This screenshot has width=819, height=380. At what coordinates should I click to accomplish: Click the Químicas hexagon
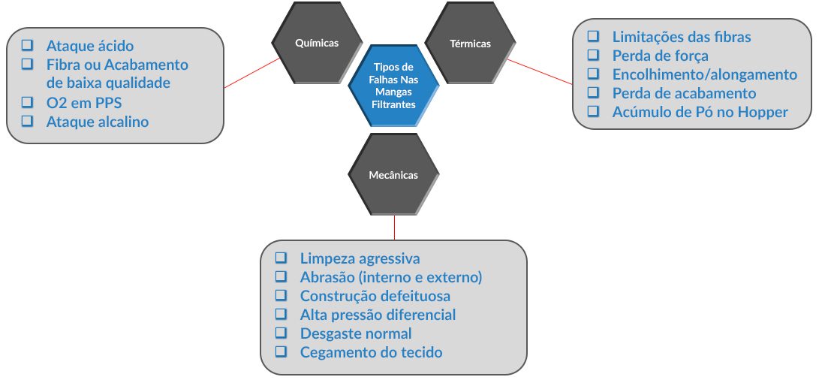point(317,43)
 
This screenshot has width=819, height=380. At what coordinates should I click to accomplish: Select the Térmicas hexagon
point(470,43)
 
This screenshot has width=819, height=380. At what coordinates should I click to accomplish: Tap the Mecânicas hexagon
point(393,174)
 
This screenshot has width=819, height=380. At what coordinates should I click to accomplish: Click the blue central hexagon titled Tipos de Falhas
point(394,86)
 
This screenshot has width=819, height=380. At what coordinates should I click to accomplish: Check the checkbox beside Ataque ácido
point(27,45)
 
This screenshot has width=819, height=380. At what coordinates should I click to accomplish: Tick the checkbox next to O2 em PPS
point(27,101)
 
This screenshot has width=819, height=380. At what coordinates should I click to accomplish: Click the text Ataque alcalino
point(98,122)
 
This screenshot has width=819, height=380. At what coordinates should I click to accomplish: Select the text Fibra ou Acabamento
point(117,65)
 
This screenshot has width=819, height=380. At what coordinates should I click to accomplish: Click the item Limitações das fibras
point(682,37)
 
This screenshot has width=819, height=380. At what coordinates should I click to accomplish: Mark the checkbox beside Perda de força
point(593,55)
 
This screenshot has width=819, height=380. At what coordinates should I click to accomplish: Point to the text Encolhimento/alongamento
point(705,74)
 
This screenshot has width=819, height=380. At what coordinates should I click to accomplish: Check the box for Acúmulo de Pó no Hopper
point(593,111)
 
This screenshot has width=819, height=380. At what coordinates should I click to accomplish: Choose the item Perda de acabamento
point(684,93)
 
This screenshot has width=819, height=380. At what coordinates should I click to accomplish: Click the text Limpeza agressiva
point(360,258)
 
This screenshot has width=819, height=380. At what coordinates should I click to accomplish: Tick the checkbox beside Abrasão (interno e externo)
point(281,276)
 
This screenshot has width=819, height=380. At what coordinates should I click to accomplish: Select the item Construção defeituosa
point(375,296)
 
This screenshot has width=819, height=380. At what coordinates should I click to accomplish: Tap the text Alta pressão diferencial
point(378,315)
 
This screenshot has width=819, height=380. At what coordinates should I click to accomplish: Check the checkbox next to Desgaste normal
point(281,333)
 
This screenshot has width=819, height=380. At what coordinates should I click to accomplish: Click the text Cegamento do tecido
point(371,352)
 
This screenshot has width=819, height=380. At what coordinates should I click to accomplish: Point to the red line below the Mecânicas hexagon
point(394,228)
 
